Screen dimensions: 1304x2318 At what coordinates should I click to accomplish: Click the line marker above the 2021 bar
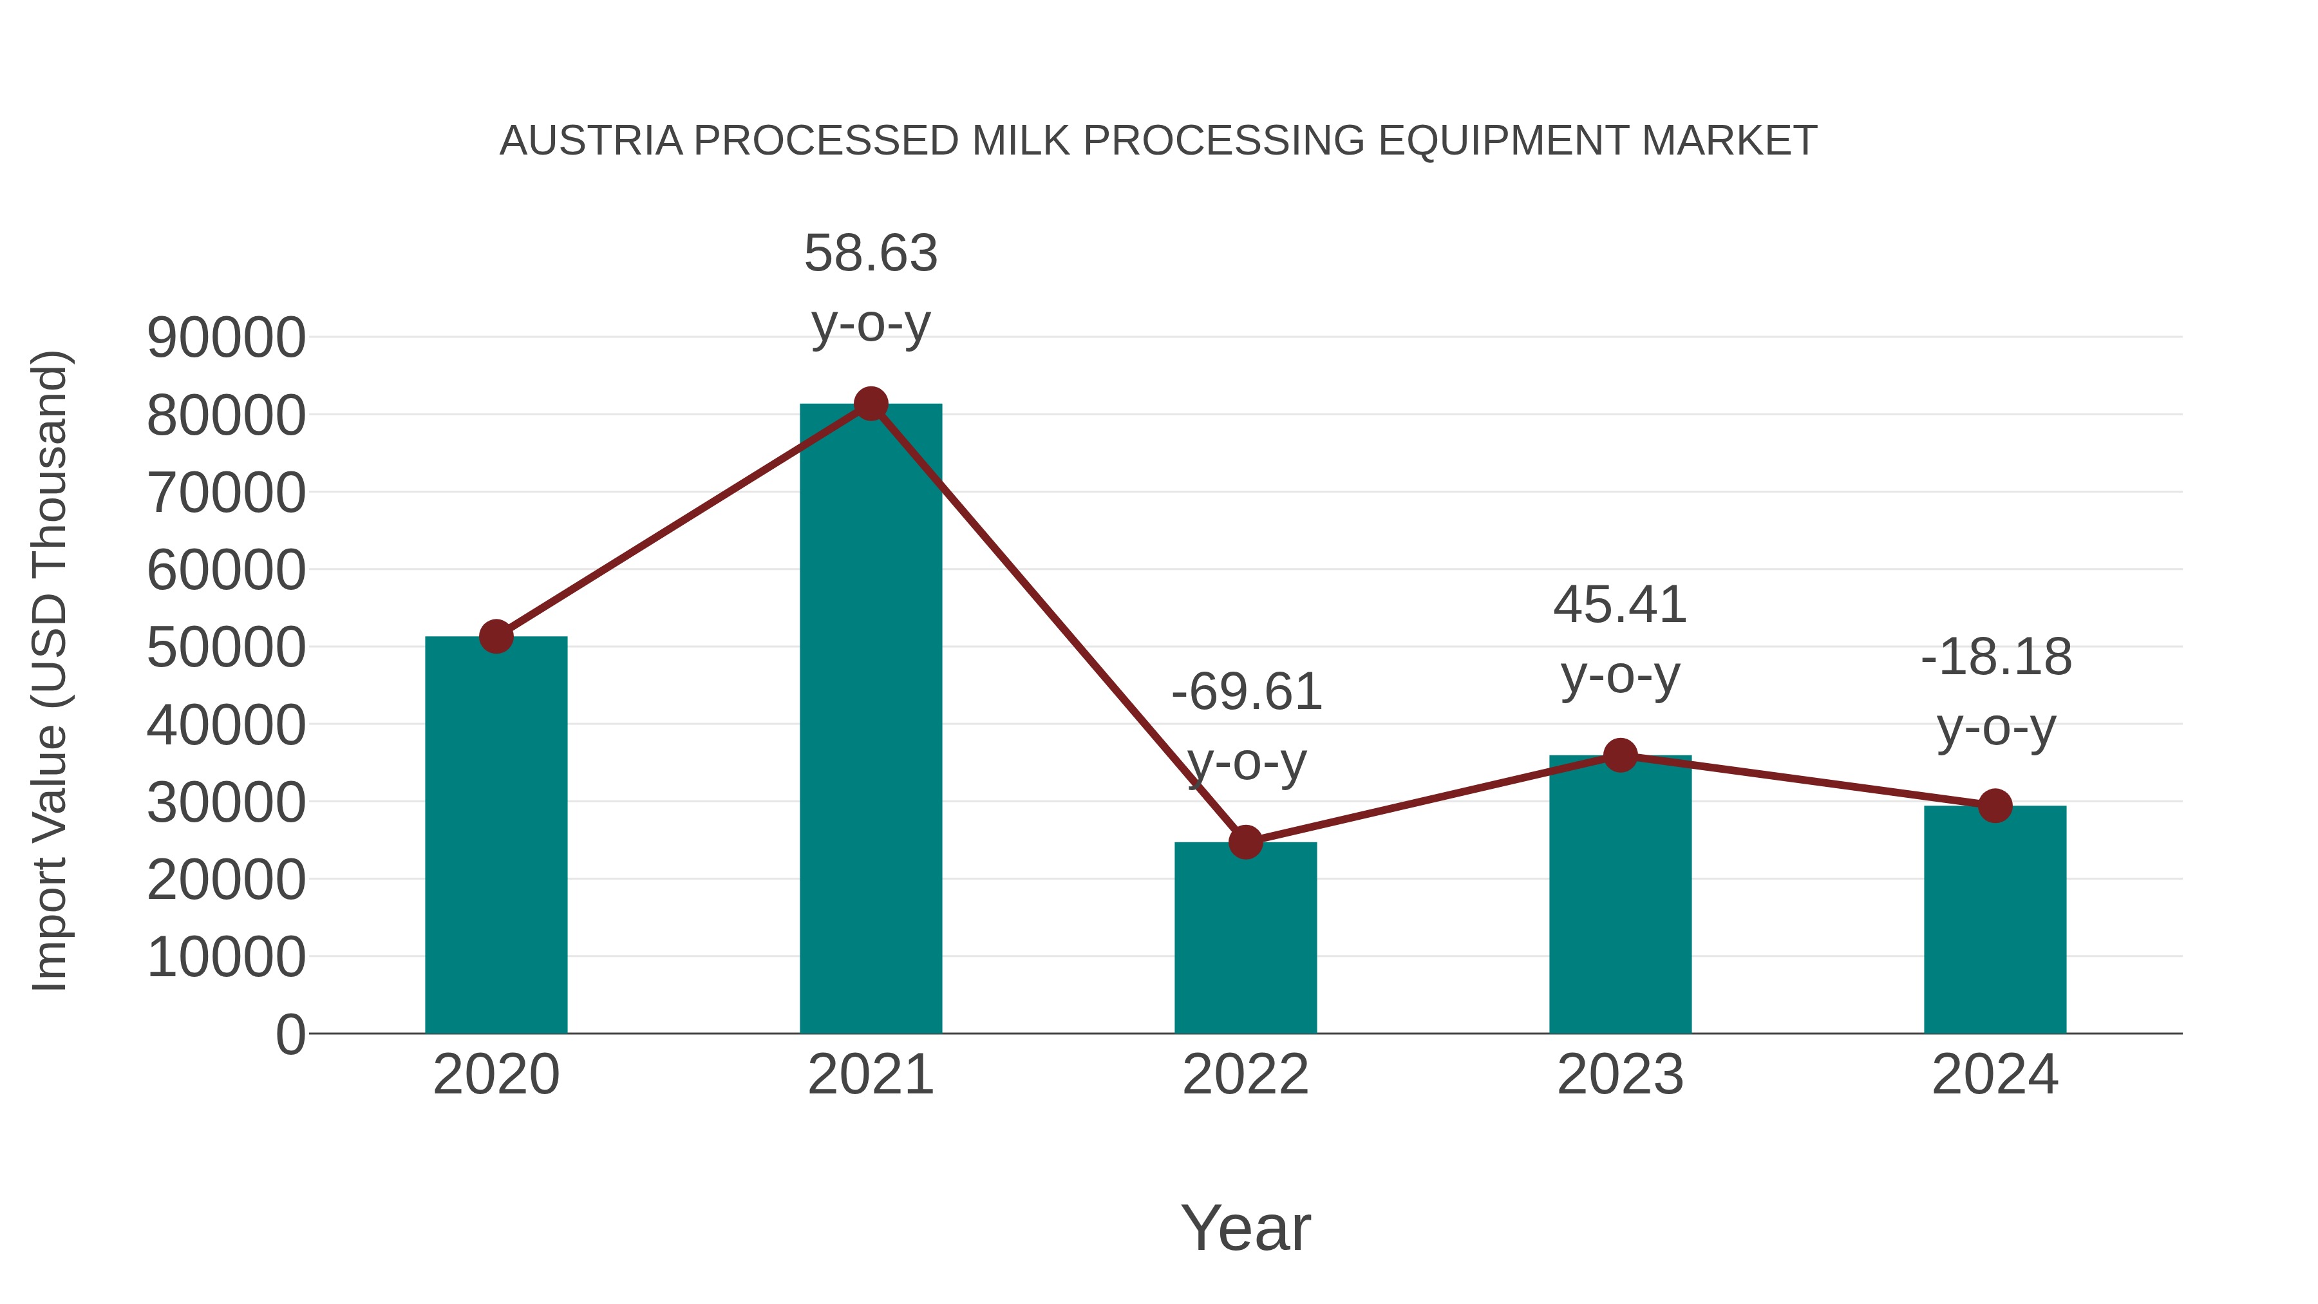pyautogui.click(x=870, y=404)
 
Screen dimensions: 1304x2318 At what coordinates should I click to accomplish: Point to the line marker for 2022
pyautogui.click(x=1245, y=842)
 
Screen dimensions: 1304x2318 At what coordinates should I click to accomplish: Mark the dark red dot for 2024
pyautogui.click(x=1995, y=806)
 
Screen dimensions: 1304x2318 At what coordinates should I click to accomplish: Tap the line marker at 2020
pyautogui.click(x=496, y=636)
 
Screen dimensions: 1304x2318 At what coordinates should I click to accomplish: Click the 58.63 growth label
pyautogui.click(x=870, y=253)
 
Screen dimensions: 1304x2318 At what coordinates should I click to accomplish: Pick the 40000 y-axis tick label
pyautogui.click(x=226, y=725)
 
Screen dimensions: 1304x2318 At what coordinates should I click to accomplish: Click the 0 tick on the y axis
pyautogui.click(x=290, y=1034)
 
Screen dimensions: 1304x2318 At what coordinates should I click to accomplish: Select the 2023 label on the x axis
pyautogui.click(x=1620, y=1075)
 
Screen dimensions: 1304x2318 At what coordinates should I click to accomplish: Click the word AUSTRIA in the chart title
pyautogui.click(x=591, y=141)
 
